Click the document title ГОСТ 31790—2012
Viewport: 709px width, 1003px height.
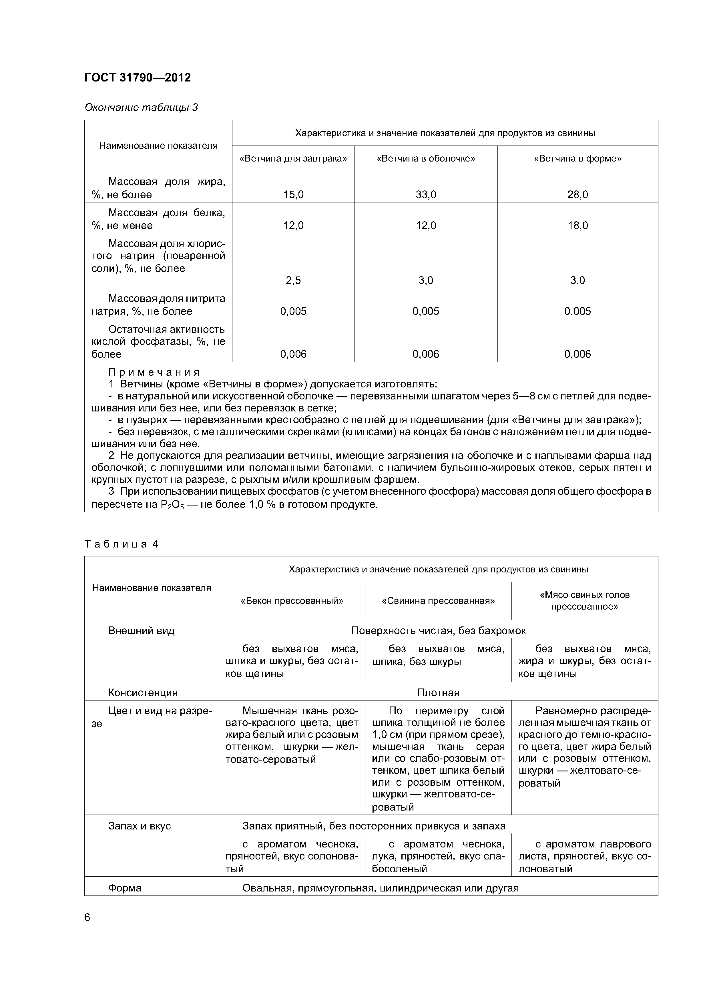[x=137, y=78]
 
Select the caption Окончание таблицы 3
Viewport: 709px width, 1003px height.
[x=141, y=108]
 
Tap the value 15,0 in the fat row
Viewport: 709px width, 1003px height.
[x=293, y=195]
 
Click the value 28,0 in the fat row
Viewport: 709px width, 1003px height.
[x=577, y=195]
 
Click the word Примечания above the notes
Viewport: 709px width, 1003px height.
[x=154, y=373]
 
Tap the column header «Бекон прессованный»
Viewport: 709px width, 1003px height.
[x=292, y=601]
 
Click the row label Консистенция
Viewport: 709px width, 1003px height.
[x=143, y=693]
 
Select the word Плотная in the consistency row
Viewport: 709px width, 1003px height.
[x=438, y=693]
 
